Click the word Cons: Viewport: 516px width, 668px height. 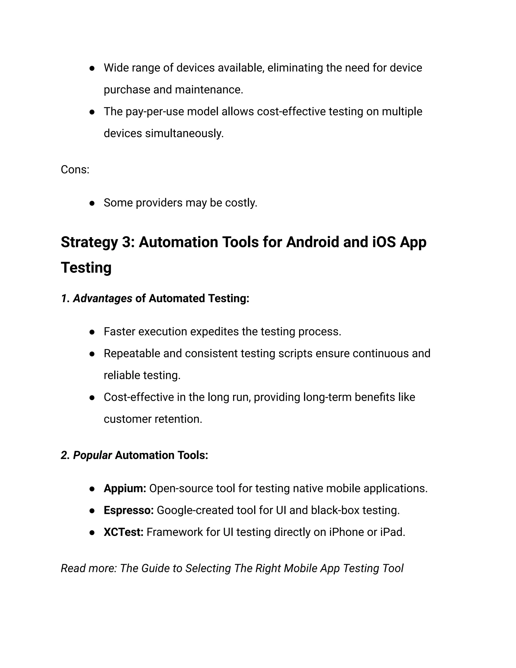pyautogui.click(x=75, y=169)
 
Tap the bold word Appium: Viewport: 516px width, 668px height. pyautogui.click(x=125, y=489)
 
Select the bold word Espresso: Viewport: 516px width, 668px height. pyautogui.click(x=129, y=510)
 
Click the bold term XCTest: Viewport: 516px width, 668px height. pyautogui.click(x=123, y=532)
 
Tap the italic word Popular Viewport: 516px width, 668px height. pyautogui.click(x=92, y=455)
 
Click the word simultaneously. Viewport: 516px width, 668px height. pyautogui.click(x=184, y=133)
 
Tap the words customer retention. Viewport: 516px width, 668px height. pyautogui.click(x=153, y=419)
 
